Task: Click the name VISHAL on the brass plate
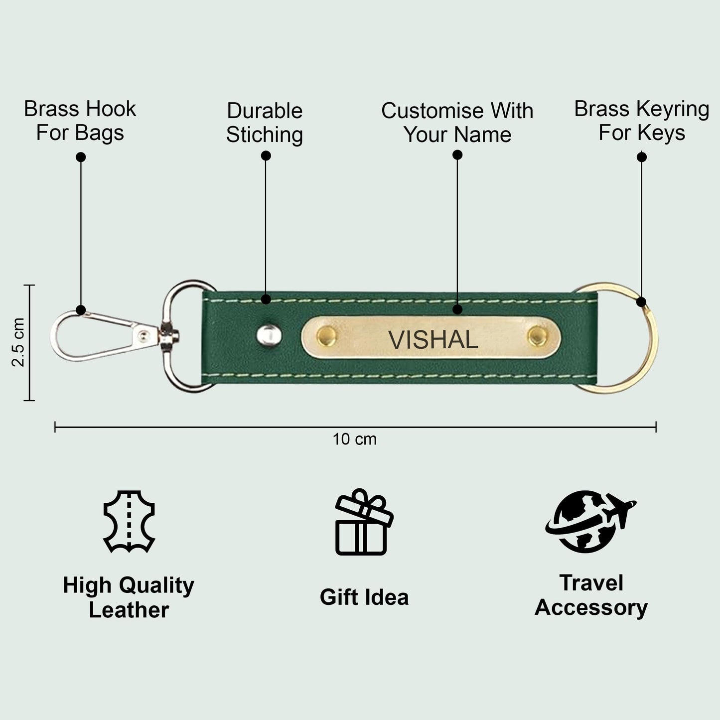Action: (433, 339)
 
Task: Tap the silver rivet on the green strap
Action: (269, 334)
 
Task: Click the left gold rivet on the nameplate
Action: (326, 335)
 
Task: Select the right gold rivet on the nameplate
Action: (538, 335)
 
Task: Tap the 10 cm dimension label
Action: (355, 439)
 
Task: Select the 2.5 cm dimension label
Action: (18, 342)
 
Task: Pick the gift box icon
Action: (364, 522)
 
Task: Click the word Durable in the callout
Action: (265, 111)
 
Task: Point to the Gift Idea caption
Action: (364, 597)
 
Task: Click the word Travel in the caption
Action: (591, 583)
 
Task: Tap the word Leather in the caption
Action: (129, 610)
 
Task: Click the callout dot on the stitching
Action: (266, 299)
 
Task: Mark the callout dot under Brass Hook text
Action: (81, 157)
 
